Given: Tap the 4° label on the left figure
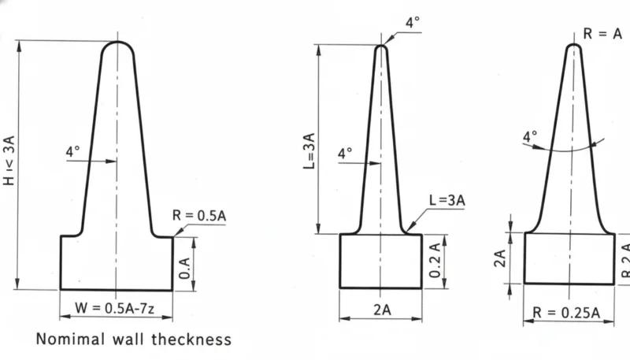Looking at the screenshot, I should coord(72,150).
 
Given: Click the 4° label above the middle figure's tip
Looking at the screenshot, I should coord(413,23).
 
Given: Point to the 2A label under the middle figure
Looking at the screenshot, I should coord(381,310).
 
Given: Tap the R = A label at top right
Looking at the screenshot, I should coord(602,34).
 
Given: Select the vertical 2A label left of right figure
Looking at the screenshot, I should coord(499,258).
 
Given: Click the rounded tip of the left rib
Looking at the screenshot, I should coord(117,46).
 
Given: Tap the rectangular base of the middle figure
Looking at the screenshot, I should coord(380,261).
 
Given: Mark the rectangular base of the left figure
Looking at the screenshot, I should coord(117,262).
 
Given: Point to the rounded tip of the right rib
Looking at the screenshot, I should coord(574,48).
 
